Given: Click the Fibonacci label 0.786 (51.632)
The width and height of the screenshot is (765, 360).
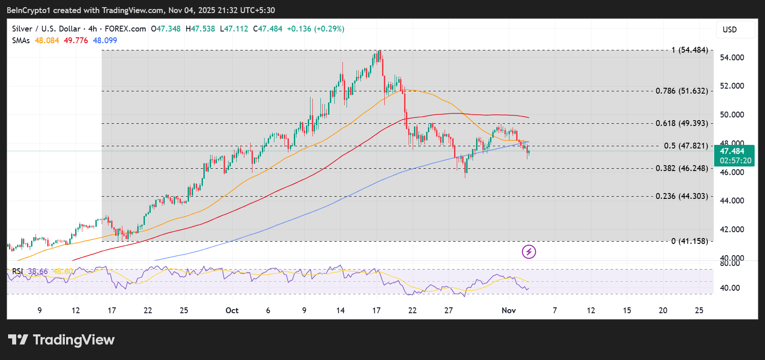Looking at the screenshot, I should (x=681, y=91).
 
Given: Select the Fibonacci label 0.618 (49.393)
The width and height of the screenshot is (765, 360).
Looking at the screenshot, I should (x=681, y=123).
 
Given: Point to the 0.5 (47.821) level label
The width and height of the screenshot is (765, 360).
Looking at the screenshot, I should (x=686, y=146).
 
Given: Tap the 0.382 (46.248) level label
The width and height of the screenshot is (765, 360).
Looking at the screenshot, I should (x=681, y=168).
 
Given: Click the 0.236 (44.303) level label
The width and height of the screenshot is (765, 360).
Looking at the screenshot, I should (x=681, y=196).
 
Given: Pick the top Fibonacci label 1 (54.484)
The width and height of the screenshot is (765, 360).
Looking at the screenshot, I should (x=689, y=50).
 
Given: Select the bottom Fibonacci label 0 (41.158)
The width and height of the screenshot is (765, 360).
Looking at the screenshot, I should (x=689, y=241).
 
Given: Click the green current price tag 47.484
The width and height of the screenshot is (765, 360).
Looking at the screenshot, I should (x=734, y=156).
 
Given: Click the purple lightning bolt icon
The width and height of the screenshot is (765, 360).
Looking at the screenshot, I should (x=529, y=252).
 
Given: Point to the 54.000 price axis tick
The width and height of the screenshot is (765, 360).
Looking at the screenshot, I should (x=732, y=58).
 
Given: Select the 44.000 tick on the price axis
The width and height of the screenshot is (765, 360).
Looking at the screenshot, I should (x=732, y=201).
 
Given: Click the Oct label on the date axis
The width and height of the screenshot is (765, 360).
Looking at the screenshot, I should (x=232, y=310).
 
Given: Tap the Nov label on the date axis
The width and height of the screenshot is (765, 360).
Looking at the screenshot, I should (x=508, y=310).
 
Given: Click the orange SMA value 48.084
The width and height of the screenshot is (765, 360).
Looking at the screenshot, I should (x=47, y=40).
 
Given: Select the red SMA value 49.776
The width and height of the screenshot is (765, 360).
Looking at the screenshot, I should (x=76, y=40).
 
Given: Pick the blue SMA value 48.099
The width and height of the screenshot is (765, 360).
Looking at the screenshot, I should (x=105, y=40).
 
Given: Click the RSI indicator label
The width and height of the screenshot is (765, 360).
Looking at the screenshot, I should (x=17, y=271).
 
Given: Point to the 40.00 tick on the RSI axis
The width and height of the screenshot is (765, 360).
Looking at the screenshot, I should (x=729, y=288).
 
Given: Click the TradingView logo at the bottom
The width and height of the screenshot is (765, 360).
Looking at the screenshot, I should (x=61, y=340).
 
